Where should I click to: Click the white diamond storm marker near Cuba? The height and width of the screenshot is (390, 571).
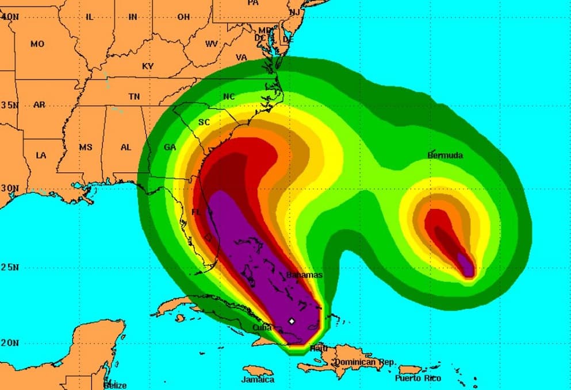coord(292,321)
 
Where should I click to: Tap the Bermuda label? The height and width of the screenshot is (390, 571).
coord(445,155)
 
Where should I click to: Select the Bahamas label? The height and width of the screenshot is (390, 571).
coord(305,275)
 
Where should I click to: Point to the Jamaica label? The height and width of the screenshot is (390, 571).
coord(258,380)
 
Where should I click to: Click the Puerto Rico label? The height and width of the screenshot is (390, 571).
coord(418,378)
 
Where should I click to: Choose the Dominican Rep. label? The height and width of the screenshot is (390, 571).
coord(365,362)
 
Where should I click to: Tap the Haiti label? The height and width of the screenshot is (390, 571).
coord(318,348)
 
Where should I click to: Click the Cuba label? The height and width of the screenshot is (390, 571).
coord(262,327)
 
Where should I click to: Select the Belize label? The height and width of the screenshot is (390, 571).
coord(115,385)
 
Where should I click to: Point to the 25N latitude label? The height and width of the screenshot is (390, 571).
coord(10,267)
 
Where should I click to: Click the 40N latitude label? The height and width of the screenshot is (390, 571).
coord(10,17)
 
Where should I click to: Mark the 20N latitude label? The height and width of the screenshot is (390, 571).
coord(10,343)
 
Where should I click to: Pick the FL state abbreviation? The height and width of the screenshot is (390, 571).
coord(197,213)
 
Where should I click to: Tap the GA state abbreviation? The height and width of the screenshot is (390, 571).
coord(170,147)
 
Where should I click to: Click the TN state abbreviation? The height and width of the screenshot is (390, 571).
coord(134,97)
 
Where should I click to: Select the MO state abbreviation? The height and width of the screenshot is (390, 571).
coord(37,44)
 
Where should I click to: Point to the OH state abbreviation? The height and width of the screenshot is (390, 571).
coord(183,17)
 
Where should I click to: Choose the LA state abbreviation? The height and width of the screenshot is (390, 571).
coord(41,155)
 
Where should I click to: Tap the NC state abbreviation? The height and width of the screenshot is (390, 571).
coord(229,96)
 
